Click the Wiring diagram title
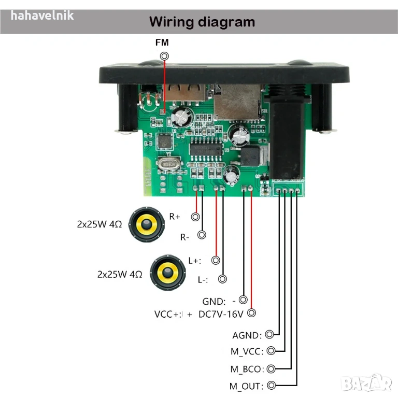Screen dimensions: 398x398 tap(202, 22)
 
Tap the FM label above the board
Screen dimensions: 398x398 tap(162, 42)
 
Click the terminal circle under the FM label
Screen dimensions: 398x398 tap(165, 56)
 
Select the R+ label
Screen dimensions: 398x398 tap(175, 217)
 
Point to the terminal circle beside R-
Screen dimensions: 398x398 tap(202, 235)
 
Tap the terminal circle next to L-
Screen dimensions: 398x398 tap(223, 279)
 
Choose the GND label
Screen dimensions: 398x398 tap(214, 301)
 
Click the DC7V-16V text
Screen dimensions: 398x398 tap(221, 314)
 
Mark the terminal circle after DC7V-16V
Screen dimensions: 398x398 tap(252, 313)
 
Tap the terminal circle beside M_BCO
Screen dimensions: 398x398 tap(272, 368)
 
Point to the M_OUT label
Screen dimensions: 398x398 tap(247, 386)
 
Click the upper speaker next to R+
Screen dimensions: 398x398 tap(147, 224)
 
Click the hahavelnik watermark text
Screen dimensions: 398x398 tap(42, 16)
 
